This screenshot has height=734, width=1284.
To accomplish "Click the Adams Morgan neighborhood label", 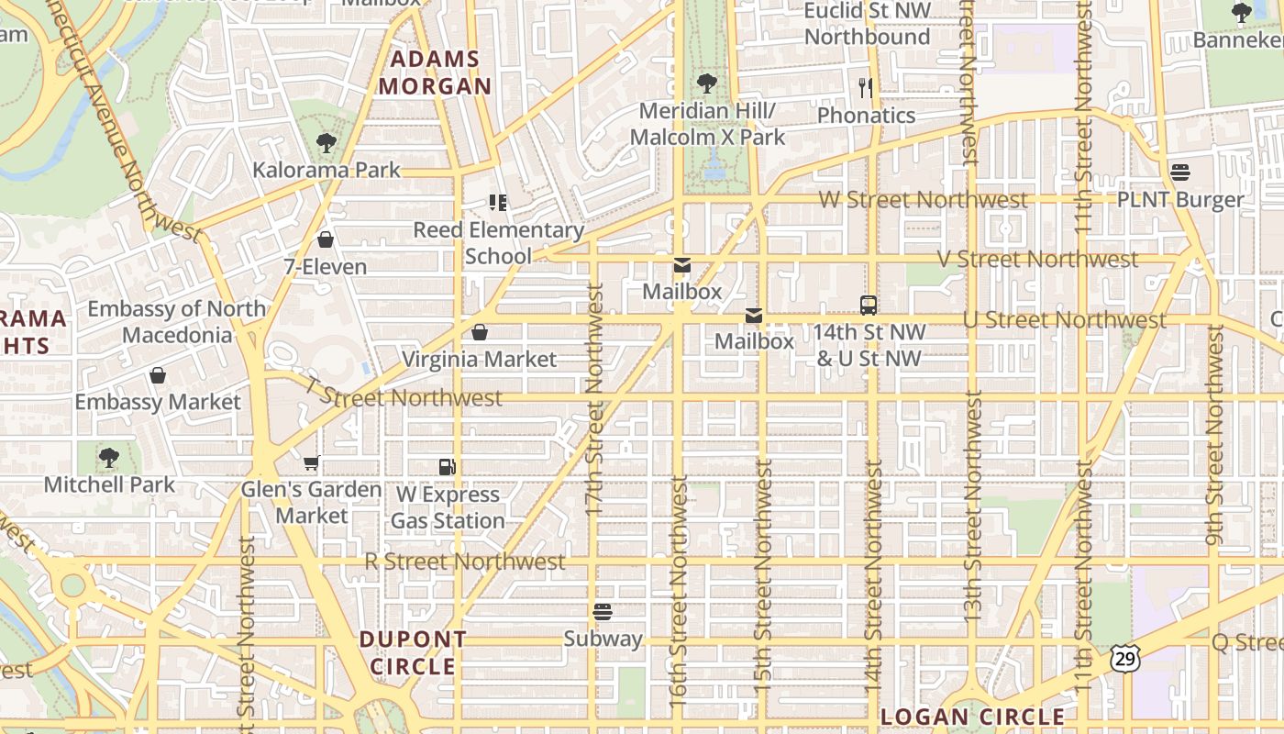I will pos(435,73).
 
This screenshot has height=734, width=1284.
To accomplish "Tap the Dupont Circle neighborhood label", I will pos(413,652).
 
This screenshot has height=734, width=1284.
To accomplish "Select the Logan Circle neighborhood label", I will pos(972,717).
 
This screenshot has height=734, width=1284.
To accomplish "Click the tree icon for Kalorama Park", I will pos(326,143).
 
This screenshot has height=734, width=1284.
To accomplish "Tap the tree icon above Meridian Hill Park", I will pos(706,83).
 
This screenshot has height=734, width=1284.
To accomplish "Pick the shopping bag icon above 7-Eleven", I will pos(325,239).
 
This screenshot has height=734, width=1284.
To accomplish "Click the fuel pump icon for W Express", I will pos(447,467).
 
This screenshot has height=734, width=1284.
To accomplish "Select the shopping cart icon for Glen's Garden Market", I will pos(311,462).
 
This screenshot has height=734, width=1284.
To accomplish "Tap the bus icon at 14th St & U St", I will pos(868,305).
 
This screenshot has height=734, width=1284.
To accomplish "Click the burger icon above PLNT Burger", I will pos(1179,172).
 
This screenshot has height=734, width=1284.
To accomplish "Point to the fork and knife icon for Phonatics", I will pos(865,87).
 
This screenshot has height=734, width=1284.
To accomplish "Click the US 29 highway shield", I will pos(1124,657).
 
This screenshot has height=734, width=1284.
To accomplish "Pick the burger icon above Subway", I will pos(603,611).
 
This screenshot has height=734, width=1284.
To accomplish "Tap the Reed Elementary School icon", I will pos(497,202).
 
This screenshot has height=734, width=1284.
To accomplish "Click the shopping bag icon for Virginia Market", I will pos(479,331).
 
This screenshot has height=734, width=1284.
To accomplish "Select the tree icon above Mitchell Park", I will pos(109,456).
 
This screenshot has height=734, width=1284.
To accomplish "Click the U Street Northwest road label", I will pos(1064,320).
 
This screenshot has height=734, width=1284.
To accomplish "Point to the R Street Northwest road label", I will pos(465,562).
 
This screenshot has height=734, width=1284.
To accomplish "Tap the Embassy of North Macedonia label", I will pos(177,322).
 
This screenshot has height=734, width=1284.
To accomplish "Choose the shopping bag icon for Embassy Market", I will pos(158,375).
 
